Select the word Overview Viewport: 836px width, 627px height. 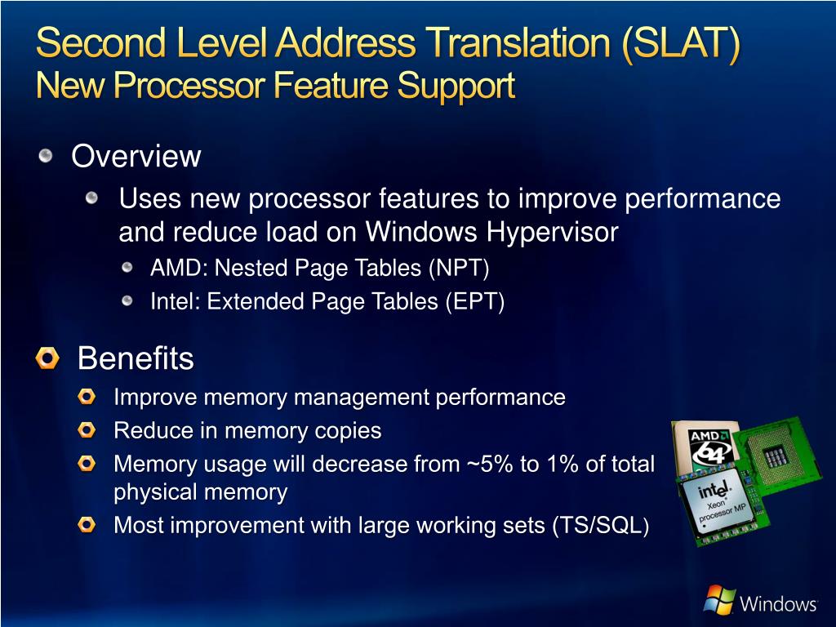pyautogui.click(x=136, y=156)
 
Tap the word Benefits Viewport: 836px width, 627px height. pyautogui.click(x=136, y=358)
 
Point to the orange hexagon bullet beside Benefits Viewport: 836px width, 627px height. pyautogui.click(x=48, y=358)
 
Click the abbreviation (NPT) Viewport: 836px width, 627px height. pyautogui.click(x=459, y=268)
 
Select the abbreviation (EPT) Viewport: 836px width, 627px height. pyautogui.click(x=474, y=302)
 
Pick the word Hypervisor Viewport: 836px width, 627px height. pyautogui.click(x=553, y=233)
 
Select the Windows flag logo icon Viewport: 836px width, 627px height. pyautogui.click(x=719, y=600)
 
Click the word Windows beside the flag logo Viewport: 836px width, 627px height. pyautogui.click(x=778, y=604)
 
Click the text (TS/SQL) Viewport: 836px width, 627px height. pyautogui.click(x=601, y=526)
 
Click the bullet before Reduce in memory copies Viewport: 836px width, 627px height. pyautogui.click(x=87, y=429)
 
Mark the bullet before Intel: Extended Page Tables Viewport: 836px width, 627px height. pyautogui.click(x=127, y=301)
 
